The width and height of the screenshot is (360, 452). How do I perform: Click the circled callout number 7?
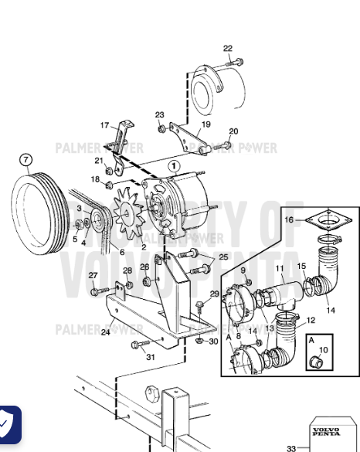click(26, 160)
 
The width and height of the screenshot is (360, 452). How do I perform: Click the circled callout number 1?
click(174, 165)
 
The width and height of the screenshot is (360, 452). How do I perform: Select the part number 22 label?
click(228, 49)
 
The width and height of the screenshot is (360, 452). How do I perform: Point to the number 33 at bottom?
click(290, 448)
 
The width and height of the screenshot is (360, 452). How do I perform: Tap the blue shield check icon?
click(9, 424)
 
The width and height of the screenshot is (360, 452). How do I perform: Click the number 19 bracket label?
click(206, 124)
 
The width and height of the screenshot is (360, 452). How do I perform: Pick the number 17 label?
click(105, 124)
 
